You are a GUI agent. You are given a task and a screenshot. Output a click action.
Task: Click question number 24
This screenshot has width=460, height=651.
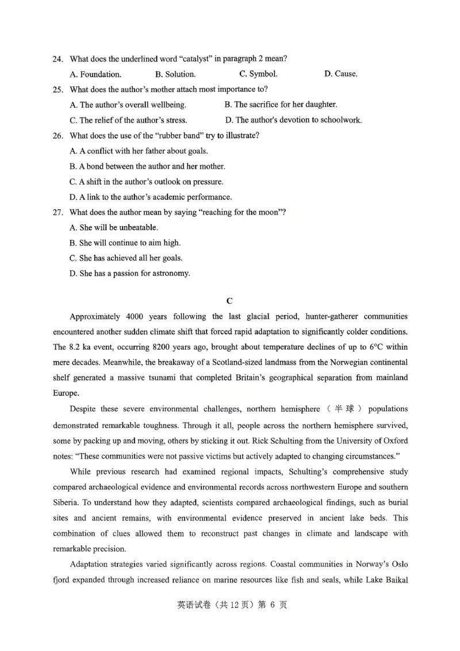click(57, 59)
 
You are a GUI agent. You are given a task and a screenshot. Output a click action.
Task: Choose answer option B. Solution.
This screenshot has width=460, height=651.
click(175, 74)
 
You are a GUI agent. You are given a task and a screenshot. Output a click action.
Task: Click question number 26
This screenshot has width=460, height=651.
click(57, 136)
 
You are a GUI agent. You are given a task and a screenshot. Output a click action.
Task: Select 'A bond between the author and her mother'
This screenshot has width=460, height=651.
click(147, 166)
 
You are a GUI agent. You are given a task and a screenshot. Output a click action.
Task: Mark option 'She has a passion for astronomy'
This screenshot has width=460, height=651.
click(129, 273)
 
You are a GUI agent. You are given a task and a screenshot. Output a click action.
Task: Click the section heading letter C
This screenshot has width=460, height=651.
click(229, 300)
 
